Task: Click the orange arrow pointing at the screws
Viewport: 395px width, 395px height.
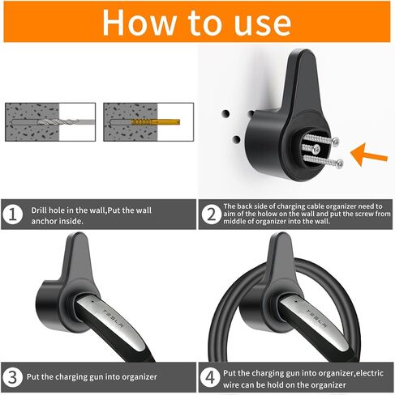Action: [x=368, y=155]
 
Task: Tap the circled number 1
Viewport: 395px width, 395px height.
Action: [x=12, y=215]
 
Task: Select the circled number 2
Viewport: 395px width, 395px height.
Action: [x=211, y=214]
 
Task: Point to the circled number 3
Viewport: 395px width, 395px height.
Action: [x=12, y=377]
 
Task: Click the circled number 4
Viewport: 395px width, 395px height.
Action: [x=210, y=377]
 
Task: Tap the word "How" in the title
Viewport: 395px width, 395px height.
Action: [x=139, y=23]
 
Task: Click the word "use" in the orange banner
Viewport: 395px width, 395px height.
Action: [x=262, y=26]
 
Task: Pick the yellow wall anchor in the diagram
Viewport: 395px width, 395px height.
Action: [x=156, y=122]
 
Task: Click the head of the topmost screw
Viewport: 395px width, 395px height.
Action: [x=335, y=141]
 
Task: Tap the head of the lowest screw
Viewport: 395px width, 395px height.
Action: [x=340, y=164]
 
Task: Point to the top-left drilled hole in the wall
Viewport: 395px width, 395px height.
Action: [x=225, y=113]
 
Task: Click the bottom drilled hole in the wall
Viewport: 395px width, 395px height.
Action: [x=236, y=139]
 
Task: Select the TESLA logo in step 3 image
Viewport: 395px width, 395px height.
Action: [x=114, y=319]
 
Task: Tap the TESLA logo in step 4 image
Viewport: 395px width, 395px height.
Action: [x=316, y=318]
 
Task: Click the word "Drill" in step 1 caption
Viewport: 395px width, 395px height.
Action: [x=39, y=210]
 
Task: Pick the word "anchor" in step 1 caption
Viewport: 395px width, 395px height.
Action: [x=42, y=221]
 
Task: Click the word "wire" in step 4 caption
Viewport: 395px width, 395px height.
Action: [x=230, y=384]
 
